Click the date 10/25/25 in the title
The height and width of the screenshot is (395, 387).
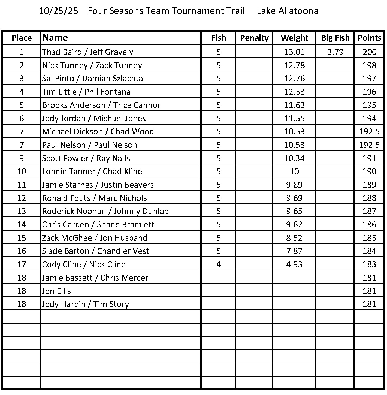[x=58, y=11]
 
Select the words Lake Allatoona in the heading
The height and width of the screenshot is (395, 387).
[x=287, y=11]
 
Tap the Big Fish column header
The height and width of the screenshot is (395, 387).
[x=335, y=38]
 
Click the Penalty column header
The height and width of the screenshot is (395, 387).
[x=254, y=38]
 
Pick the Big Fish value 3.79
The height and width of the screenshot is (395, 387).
[x=335, y=52]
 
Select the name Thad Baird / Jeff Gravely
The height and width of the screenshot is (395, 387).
[x=88, y=52]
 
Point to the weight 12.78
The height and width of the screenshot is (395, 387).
[x=294, y=65]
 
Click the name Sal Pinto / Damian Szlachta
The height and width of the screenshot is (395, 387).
[x=92, y=79]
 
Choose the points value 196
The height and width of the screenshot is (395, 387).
[x=369, y=92]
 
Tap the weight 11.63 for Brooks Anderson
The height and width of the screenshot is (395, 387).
[x=294, y=105]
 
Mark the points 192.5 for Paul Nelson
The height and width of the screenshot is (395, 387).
[x=369, y=145]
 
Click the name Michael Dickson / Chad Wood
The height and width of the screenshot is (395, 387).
[x=98, y=132]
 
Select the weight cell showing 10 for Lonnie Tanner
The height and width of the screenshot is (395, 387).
[x=294, y=171]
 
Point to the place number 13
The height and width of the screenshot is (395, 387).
[x=22, y=211]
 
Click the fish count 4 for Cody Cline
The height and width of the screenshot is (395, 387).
[x=219, y=264]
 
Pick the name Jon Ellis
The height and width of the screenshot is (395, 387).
[x=56, y=291]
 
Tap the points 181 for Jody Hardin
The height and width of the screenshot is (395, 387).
[x=369, y=304]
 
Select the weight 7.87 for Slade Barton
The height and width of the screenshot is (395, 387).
[x=294, y=251]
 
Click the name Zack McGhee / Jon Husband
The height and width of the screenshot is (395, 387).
[x=95, y=238]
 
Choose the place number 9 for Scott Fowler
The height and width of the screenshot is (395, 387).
[x=22, y=158]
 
